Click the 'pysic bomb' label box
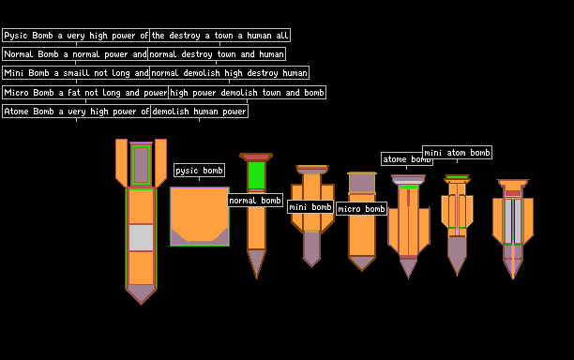(199, 170)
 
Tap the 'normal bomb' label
(255, 200)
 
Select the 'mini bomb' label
(310, 206)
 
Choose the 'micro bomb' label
(361, 208)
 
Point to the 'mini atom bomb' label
(457, 152)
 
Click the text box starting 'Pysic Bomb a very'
(76, 36)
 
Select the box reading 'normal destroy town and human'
(217, 54)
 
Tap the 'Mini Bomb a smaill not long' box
(76, 73)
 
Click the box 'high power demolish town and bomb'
(247, 93)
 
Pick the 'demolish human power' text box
(199, 112)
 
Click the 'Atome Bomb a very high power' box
(77, 112)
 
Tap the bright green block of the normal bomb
(256, 175)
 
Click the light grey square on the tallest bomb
(141, 237)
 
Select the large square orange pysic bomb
(200, 217)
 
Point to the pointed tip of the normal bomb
(256, 278)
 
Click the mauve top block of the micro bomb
(362, 183)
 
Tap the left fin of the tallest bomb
(122, 162)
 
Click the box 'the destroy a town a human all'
(219, 36)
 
